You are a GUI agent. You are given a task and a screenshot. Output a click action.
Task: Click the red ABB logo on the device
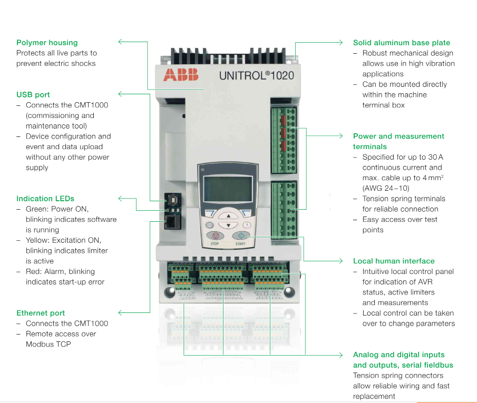[x=181, y=75]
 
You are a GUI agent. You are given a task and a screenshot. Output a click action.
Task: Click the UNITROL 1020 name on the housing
[x=256, y=75]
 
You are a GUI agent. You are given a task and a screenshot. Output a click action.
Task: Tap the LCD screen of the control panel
[x=226, y=186]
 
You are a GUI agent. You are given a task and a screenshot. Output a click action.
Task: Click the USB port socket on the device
[x=171, y=201]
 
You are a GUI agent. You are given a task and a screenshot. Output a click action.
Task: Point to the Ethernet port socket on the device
[x=171, y=222]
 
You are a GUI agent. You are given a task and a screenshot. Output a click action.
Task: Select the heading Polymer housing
[x=47, y=43]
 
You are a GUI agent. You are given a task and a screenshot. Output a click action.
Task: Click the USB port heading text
[x=33, y=95]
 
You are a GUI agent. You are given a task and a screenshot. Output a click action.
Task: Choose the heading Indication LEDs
[x=45, y=199]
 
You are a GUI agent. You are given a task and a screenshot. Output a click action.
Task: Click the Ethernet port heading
[x=41, y=313]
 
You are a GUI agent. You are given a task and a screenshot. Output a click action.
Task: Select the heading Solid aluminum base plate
[x=401, y=43]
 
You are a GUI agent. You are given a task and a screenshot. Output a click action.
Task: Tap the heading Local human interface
[x=394, y=261]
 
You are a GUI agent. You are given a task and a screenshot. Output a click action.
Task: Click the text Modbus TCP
[x=48, y=344]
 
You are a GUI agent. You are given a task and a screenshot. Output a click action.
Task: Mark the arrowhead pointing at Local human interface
[x=341, y=261]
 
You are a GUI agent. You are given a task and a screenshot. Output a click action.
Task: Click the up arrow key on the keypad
[x=228, y=216]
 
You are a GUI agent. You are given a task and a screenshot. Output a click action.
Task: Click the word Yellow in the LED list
[x=37, y=240]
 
